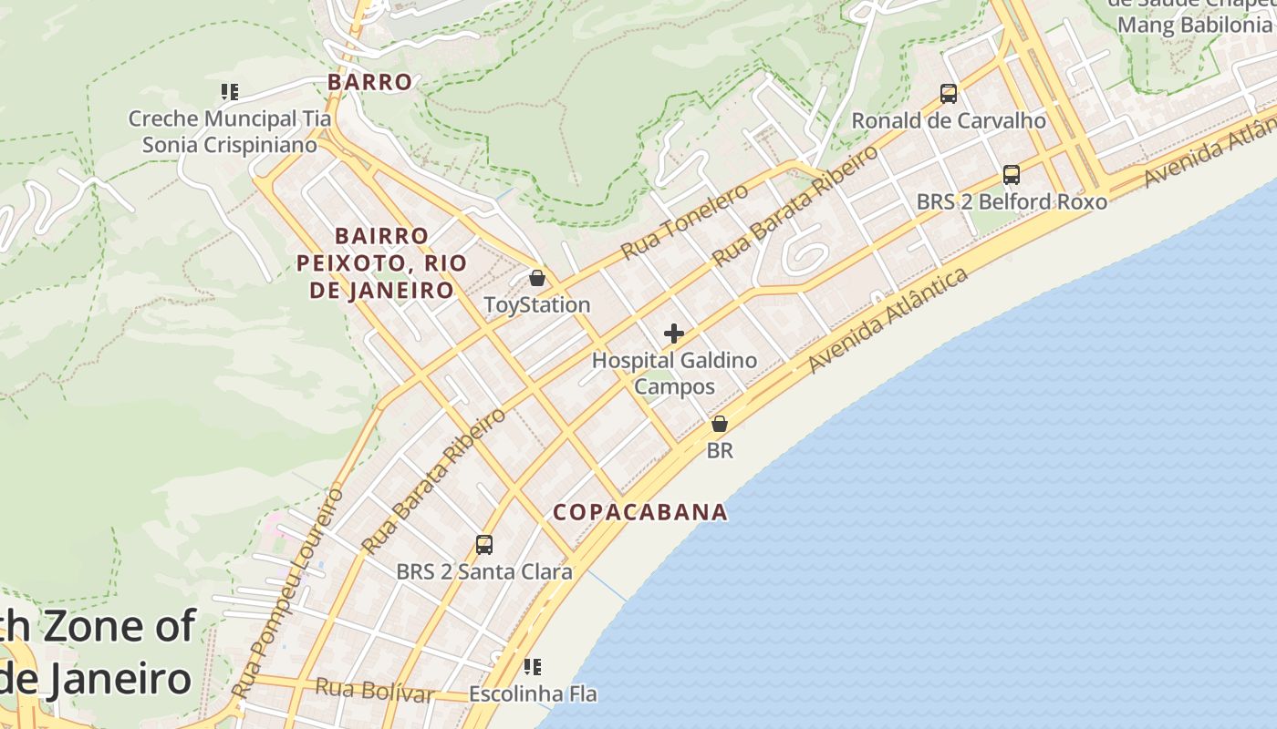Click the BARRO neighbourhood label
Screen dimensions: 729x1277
pos(369,82)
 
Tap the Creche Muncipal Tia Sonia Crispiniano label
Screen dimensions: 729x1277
pos(230,131)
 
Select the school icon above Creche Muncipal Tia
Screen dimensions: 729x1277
pos(230,91)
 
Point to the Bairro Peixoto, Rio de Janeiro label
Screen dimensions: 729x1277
pos(381,263)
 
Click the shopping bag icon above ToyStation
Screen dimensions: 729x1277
pos(537,278)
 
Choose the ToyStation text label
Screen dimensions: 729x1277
pos(537,305)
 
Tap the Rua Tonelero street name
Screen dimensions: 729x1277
pos(684,221)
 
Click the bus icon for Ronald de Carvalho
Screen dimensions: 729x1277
pos(949,93)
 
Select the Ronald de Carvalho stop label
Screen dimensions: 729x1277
pos(949,120)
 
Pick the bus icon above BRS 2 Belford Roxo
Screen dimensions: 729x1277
pos(1012,174)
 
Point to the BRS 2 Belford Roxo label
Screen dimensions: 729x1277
pos(1012,201)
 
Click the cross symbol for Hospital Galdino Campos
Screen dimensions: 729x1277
pos(674,334)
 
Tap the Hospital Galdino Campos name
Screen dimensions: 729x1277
pos(674,373)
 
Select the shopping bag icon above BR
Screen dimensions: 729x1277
pos(720,424)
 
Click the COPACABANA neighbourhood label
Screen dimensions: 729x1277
pos(640,512)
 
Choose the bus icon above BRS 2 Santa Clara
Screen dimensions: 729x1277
pos(484,545)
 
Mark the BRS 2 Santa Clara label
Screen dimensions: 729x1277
pos(484,572)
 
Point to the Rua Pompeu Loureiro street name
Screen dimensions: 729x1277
pos(287,592)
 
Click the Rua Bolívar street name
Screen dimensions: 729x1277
pos(374,690)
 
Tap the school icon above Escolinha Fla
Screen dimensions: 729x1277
pos(533,667)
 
